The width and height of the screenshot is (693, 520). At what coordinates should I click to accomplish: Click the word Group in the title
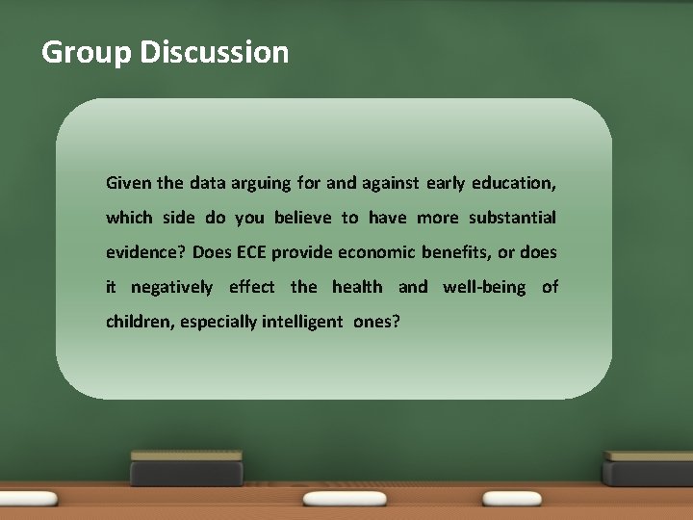[x=87, y=52]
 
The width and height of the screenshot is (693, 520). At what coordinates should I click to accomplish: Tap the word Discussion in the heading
[x=214, y=51]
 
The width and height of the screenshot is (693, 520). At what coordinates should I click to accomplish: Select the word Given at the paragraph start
[x=127, y=182]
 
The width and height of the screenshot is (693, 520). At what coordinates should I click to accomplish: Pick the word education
[x=514, y=183]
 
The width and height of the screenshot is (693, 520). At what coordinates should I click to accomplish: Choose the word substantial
[x=512, y=218]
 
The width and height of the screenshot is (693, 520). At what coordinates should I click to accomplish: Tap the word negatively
[x=171, y=287]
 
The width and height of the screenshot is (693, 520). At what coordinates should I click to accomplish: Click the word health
[x=356, y=287]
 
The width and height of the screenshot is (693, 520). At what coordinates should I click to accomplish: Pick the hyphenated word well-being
[x=484, y=287]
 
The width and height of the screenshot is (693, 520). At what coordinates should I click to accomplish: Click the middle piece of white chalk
[x=331, y=499]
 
